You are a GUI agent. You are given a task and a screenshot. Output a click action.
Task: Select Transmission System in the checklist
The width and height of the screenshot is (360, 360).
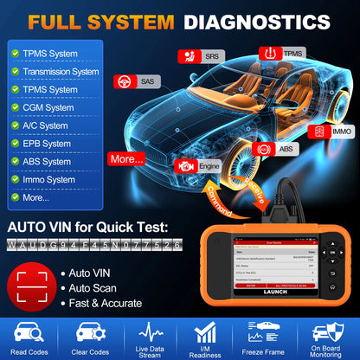click(61, 71)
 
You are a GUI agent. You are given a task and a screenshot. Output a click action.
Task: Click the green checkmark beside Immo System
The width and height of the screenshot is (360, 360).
click(15, 179)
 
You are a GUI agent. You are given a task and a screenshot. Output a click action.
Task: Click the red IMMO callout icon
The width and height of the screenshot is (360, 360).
click(320, 132)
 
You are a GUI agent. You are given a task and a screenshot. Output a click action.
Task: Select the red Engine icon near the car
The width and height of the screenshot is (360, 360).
click(184, 164)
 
